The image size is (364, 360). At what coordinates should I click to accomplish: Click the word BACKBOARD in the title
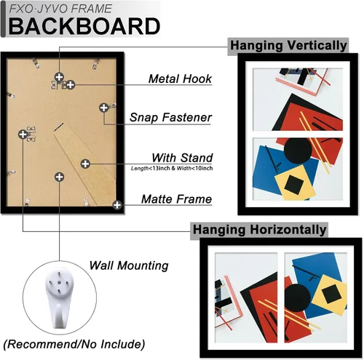(84, 26)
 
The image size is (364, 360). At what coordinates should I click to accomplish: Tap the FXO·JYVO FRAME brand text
(60, 9)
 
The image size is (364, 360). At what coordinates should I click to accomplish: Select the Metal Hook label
(180, 79)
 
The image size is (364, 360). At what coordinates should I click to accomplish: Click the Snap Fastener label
(170, 118)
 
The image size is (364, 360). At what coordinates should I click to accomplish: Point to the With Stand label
(182, 158)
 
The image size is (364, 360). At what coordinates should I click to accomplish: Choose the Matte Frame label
(177, 199)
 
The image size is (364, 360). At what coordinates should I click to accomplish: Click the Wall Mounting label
(129, 265)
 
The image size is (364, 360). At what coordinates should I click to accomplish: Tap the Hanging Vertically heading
(288, 46)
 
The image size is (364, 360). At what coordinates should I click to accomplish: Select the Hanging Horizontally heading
(259, 230)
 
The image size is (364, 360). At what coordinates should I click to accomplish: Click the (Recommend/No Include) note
(74, 344)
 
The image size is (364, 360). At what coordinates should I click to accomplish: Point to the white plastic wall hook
(59, 297)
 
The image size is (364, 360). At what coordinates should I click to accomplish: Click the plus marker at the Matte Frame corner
(117, 205)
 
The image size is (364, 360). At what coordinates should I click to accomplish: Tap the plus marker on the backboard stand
(85, 164)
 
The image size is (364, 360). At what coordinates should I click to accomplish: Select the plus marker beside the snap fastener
(104, 108)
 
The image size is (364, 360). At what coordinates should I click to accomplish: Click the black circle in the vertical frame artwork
(298, 151)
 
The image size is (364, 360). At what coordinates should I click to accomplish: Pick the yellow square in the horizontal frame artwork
(330, 295)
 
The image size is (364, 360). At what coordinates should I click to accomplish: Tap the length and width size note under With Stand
(172, 168)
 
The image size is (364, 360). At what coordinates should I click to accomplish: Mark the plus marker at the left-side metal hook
(23, 134)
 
